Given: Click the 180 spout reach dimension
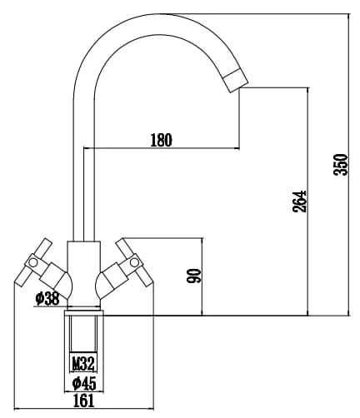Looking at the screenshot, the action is pos(161,140).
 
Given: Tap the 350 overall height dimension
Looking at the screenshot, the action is pos(341,164).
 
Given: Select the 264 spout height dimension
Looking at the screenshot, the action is pos(299,202).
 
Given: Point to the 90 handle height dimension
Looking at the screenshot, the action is pos(193,276).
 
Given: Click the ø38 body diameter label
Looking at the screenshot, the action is pos(47,299).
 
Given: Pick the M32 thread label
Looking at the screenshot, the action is pos(83,363).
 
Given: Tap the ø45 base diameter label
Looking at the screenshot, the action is pos(84,383).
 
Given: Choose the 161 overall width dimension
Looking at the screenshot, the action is pos(83,401).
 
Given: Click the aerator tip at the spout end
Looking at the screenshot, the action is pos(236,81).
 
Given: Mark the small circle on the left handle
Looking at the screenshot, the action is pos(33,262).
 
